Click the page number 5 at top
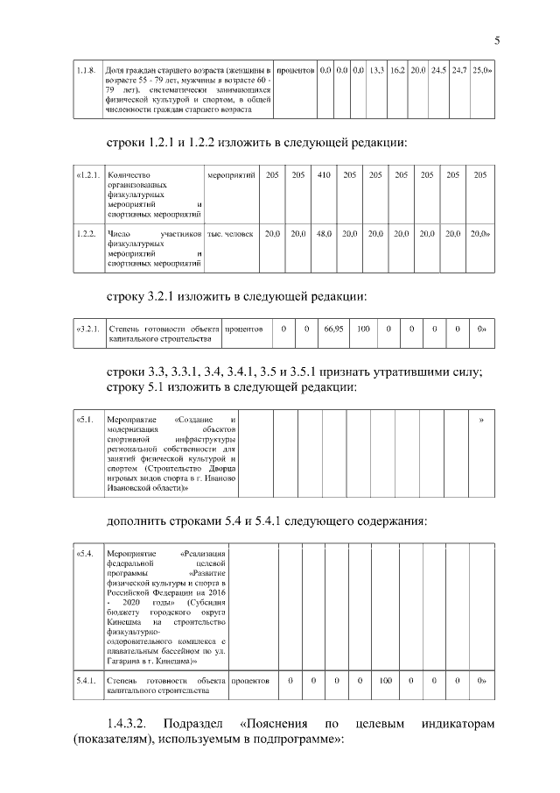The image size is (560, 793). click(497, 40)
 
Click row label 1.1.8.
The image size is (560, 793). click(86, 69)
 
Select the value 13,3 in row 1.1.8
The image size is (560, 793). click(377, 69)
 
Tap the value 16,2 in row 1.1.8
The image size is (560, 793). click(397, 69)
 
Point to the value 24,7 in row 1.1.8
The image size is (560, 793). click(459, 69)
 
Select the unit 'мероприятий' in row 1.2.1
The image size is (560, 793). click(232, 176)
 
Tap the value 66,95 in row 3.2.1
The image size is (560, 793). click(332, 329)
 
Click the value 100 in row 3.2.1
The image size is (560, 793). click(362, 329)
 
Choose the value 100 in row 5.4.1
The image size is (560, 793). click(385, 679)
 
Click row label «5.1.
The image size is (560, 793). click(86, 421)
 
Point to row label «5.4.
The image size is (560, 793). click(86, 554)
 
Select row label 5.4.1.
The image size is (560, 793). click(87, 679)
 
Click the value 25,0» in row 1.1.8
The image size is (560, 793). click(482, 69)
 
